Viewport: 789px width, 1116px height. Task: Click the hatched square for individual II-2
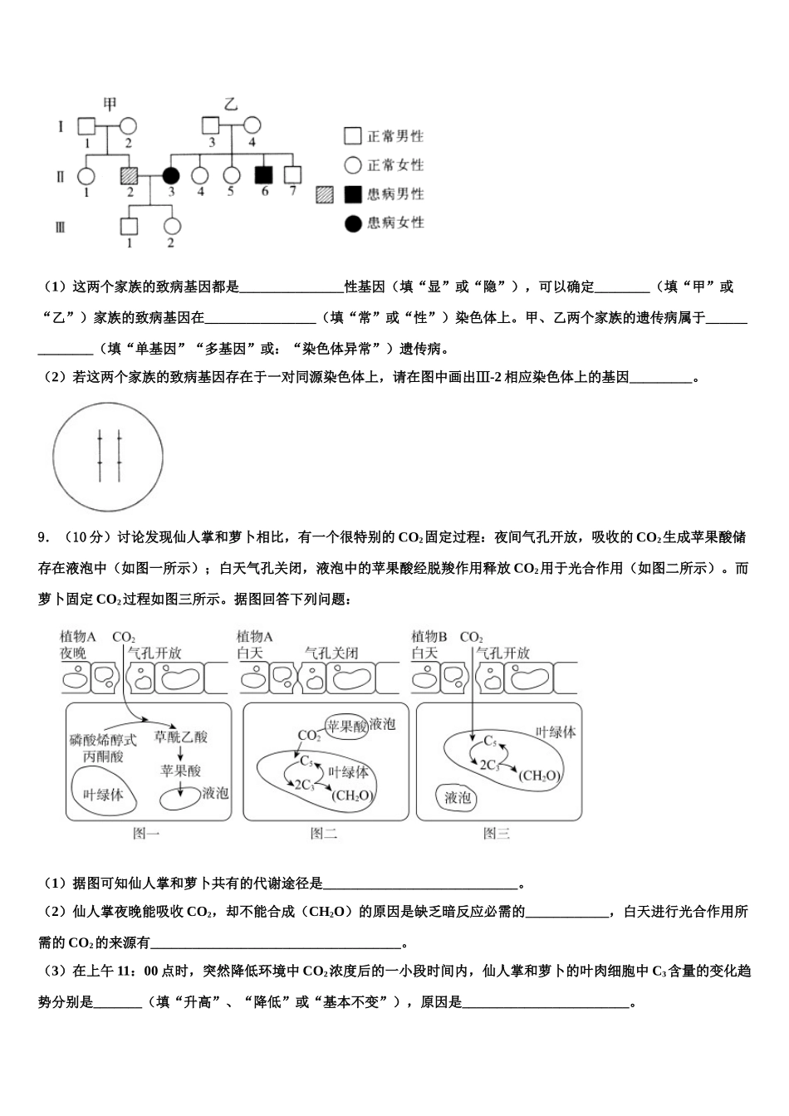coord(128,176)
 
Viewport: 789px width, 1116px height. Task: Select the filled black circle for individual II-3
coord(170,176)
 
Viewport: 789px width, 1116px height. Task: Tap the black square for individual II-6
coord(264,176)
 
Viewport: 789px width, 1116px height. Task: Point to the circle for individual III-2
coord(171,225)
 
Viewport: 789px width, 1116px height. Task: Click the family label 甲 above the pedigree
coord(110,104)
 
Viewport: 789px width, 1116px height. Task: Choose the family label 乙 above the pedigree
coord(231,104)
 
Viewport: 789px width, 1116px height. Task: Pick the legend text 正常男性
coord(396,136)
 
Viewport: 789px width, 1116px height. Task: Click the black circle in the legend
coord(353,223)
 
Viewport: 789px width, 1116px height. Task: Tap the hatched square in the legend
coord(324,194)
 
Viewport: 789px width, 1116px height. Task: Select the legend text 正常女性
coord(396,164)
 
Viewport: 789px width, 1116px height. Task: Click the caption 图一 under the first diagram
coord(147,834)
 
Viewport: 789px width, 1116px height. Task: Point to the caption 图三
coord(497,834)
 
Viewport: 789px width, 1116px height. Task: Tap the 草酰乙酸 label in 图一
coord(181,737)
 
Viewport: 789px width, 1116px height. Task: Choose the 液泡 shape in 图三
coord(458,798)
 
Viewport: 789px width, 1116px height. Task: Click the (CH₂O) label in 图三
coord(540,776)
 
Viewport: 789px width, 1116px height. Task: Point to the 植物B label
coord(429,636)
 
